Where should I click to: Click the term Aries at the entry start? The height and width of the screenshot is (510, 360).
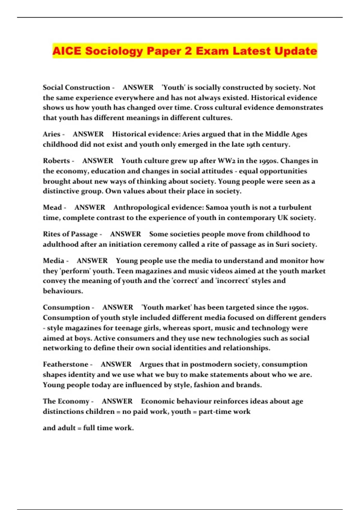(x=52, y=134)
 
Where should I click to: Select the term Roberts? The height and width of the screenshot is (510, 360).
(x=56, y=161)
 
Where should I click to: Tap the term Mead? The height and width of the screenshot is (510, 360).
(x=52, y=208)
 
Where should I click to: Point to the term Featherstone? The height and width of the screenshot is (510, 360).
(x=66, y=364)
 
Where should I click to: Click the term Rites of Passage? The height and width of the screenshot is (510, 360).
(x=70, y=234)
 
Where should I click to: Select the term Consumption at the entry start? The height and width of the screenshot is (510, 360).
(x=66, y=307)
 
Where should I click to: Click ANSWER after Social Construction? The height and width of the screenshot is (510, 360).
(x=138, y=88)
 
